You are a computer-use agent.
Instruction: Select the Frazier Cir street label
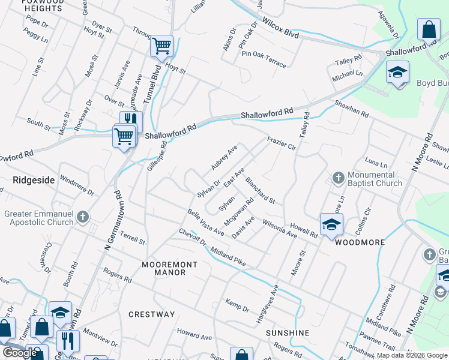pyautogui.click(x=282, y=143)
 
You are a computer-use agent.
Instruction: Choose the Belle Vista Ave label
pyautogui.click(x=205, y=222)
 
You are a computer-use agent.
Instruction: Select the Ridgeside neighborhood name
pyautogui.click(x=30, y=179)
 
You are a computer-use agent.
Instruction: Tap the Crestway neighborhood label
pyautogui.click(x=151, y=314)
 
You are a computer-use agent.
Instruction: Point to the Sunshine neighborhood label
pyautogui.click(x=287, y=332)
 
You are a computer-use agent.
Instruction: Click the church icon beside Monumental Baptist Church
pyautogui.click(x=337, y=178)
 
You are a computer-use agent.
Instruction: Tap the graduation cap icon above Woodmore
pyautogui.click(x=331, y=224)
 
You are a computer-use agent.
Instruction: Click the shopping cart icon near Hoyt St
pyautogui.click(x=161, y=46)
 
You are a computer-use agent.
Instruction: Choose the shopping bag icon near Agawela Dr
pyautogui.click(x=429, y=29)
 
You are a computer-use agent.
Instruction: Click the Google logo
pyautogui.click(x=20, y=353)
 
